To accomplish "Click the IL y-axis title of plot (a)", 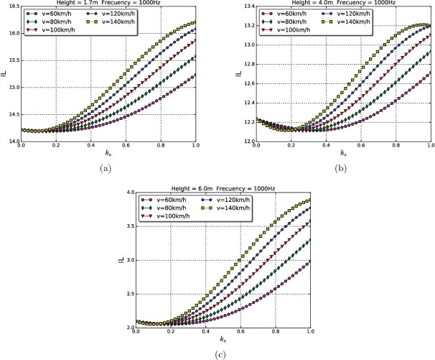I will tap(4, 74).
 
